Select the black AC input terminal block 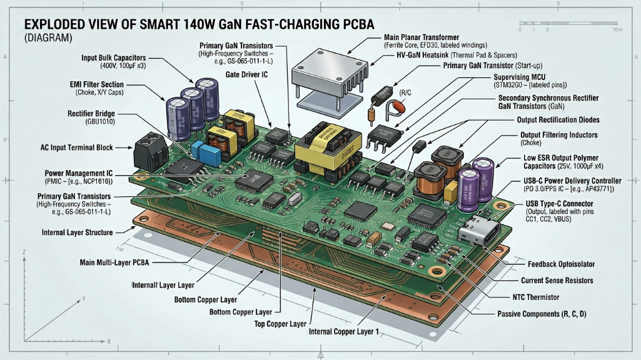pos(151,149)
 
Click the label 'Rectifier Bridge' pos(95,114)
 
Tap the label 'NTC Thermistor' pos(532,297)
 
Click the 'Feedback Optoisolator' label pos(561,264)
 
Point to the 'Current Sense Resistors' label pos(557,281)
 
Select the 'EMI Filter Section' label pos(96,84)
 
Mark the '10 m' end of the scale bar pos(617,30)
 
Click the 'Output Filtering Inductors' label pos(559,135)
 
